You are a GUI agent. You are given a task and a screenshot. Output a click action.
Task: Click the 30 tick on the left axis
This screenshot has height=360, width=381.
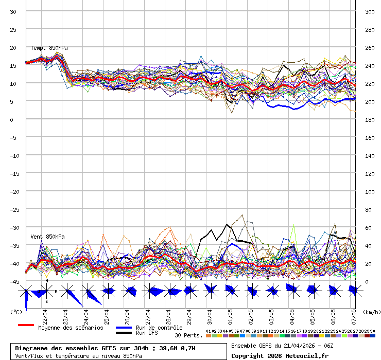pyautogui.click(x=13, y=11)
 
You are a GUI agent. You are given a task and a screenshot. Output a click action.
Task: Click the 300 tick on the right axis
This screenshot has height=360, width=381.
pyautogui.click(x=369, y=11)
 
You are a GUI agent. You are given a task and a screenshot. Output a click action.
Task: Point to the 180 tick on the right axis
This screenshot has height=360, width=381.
pyautogui.click(x=369, y=119)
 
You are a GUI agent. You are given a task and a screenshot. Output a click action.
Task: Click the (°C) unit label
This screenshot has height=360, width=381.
pyautogui.click(x=16, y=312)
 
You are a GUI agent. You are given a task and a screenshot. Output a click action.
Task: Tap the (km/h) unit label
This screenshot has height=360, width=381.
pyautogui.click(x=371, y=312)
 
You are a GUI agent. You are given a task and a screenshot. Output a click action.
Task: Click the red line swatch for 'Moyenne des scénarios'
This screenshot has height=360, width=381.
pyautogui.click(x=26, y=325)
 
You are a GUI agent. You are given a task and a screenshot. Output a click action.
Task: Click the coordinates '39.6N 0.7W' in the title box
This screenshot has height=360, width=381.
pyautogui.click(x=177, y=348)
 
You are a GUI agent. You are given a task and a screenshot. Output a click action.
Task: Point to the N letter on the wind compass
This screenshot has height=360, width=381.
pyautogui.click(x=46, y=281)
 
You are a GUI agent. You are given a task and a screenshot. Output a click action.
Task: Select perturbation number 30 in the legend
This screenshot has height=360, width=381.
pyautogui.click(x=372, y=331)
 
